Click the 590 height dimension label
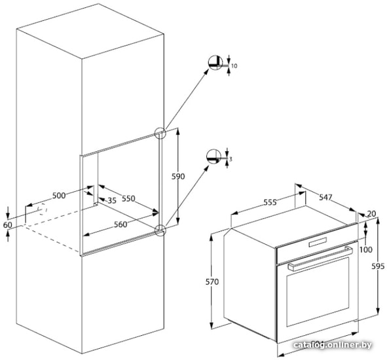point(178,177)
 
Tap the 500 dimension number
point(59,196)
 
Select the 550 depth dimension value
point(128,198)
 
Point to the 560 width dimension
point(120,225)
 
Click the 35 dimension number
point(112,200)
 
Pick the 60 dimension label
point(7,225)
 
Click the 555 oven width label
point(270,202)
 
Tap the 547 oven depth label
point(326,197)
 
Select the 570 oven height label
point(212,282)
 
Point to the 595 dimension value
point(378,266)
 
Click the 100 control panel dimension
point(366,249)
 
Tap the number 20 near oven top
point(371,214)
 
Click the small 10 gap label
point(234,66)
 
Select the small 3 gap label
point(230,159)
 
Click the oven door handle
point(320,258)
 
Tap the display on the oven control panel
point(318,242)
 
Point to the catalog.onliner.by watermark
point(333,345)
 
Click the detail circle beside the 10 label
point(215,63)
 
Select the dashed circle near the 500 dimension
point(43,209)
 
